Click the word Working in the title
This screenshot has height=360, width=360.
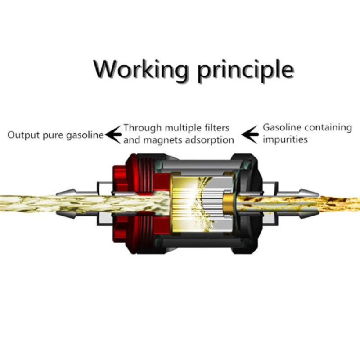click(141, 69)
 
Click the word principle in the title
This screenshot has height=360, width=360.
click(246, 71)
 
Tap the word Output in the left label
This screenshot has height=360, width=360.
click(23, 135)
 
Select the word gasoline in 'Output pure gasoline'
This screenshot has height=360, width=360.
click(85, 135)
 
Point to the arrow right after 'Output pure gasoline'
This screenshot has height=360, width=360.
click(113, 135)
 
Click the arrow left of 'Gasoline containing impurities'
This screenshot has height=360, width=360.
click(250, 135)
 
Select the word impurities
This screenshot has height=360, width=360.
click(285, 139)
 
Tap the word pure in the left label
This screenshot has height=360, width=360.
click(53, 136)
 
